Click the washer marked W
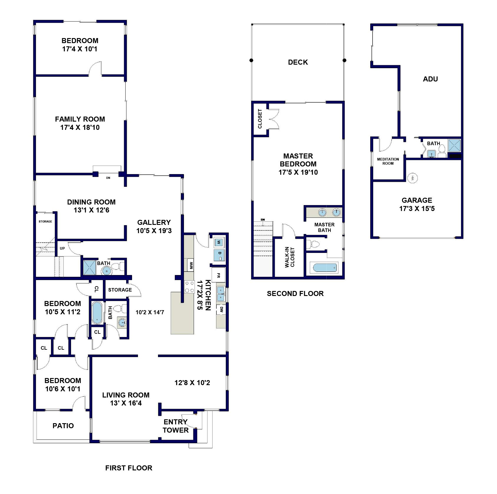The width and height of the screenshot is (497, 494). (x=219, y=243)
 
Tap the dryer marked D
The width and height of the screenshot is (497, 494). (x=219, y=255)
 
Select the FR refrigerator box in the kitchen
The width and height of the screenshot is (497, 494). (x=218, y=275)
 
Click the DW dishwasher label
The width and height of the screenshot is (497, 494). (x=221, y=309)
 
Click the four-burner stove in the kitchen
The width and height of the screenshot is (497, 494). (x=189, y=287)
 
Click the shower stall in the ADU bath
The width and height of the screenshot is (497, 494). (x=454, y=145)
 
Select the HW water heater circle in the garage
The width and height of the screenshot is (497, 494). (x=413, y=178)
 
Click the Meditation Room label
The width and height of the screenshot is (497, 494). (x=388, y=161)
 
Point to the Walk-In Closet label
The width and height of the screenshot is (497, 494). (x=289, y=257)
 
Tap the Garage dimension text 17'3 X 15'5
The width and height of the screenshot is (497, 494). (x=417, y=209)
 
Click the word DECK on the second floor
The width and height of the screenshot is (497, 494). (x=298, y=62)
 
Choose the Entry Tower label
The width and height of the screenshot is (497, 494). (x=176, y=426)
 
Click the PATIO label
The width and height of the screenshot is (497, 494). (x=63, y=426)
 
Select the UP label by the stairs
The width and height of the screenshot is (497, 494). (x=62, y=248)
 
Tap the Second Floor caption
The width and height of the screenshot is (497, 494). (x=295, y=293)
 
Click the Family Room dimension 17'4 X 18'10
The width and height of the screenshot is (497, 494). (x=80, y=127)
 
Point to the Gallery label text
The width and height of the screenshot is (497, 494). (x=154, y=222)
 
